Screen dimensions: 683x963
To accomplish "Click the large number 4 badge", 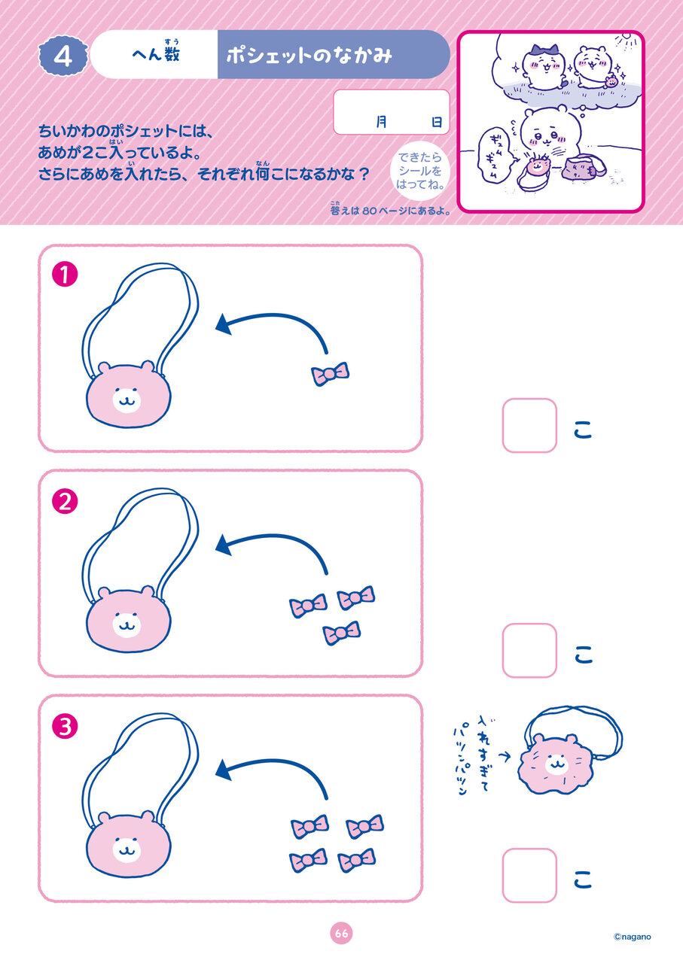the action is pyautogui.click(x=63, y=56).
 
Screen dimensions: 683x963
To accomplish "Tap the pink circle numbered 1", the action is pyautogui.click(x=65, y=275).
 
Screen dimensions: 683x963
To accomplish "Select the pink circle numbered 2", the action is pyautogui.click(x=65, y=502).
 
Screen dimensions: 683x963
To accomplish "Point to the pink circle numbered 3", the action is pyautogui.click(x=65, y=727).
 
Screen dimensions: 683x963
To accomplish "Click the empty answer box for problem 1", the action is pyautogui.click(x=529, y=425).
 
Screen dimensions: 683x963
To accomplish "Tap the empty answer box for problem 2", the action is pyautogui.click(x=529, y=651).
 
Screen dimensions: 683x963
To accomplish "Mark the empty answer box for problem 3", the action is pyautogui.click(x=529, y=876).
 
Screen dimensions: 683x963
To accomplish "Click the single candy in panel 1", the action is pyautogui.click(x=330, y=374).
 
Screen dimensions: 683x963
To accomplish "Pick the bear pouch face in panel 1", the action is pyautogui.click(x=128, y=395).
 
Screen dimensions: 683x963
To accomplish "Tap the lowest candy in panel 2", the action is pyautogui.click(x=342, y=633).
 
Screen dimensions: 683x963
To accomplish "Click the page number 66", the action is pyautogui.click(x=341, y=934).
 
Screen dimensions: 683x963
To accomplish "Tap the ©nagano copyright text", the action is pyautogui.click(x=633, y=937).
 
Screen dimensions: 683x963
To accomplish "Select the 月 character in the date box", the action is pyautogui.click(x=381, y=122).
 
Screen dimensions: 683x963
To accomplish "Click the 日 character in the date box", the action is pyautogui.click(x=437, y=122).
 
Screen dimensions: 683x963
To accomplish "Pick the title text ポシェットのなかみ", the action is pyautogui.click(x=309, y=56).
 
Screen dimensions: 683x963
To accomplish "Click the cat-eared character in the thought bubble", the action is pyautogui.click(x=544, y=67).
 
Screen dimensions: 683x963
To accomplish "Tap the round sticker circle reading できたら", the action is pyautogui.click(x=420, y=171).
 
